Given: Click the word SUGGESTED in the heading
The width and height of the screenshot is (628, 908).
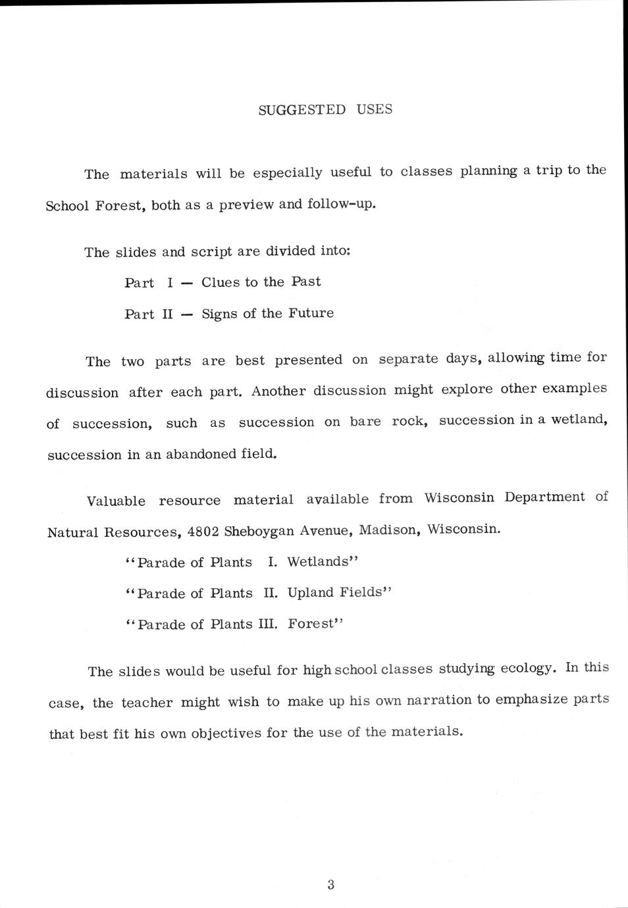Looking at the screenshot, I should click(x=301, y=110).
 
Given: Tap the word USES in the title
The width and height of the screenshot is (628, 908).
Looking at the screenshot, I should click(x=375, y=109).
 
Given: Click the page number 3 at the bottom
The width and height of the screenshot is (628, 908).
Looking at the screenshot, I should click(x=330, y=885).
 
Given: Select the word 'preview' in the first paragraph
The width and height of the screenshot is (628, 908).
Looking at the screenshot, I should click(x=246, y=205).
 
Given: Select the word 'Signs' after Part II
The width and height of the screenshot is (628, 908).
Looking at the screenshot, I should click(x=220, y=314).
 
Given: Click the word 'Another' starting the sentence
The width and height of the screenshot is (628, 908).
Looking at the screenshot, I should click(x=278, y=391).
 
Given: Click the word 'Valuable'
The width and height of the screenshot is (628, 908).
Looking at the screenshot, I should click(x=116, y=501).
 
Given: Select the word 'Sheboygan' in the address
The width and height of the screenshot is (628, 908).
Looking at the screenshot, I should click(x=259, y=531).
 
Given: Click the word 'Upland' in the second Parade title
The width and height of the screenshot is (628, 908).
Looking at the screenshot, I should click(x=311, y=593).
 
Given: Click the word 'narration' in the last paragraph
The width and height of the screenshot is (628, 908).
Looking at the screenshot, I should click(x=438, y=700).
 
